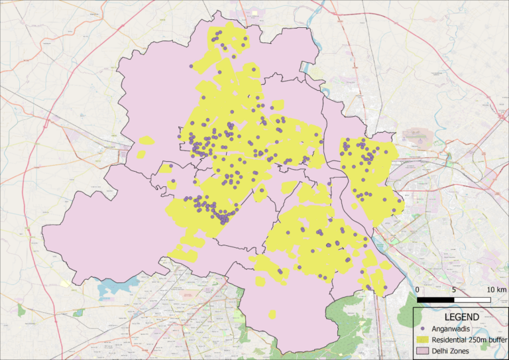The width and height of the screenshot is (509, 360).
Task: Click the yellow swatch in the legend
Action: tap(423, 339)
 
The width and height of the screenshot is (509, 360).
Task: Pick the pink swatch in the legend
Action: tap(423, 350)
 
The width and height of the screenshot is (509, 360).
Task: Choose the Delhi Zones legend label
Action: tap(450, 350)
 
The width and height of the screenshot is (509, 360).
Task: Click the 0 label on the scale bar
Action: tap(418, 290)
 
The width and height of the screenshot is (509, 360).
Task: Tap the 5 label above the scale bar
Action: tap(454, 290)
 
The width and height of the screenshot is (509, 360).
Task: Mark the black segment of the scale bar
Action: tap(435, 300)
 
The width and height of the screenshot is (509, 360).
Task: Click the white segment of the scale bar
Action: tap(472, 300)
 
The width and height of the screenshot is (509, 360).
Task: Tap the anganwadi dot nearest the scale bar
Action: tap(383, 288)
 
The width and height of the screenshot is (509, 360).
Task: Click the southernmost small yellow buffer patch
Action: tap(272, 314)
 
